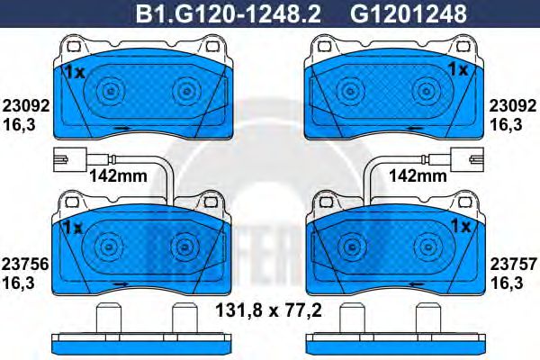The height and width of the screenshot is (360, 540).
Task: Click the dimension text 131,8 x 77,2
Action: click(269, 314)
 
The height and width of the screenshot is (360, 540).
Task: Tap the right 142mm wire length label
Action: click(421, 175)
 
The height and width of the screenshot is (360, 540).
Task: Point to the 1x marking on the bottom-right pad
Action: click(461, 225)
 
